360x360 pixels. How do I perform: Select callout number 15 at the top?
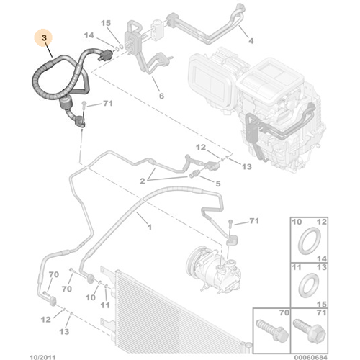(106, 24)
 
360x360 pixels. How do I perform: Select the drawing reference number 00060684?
(334, 354)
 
